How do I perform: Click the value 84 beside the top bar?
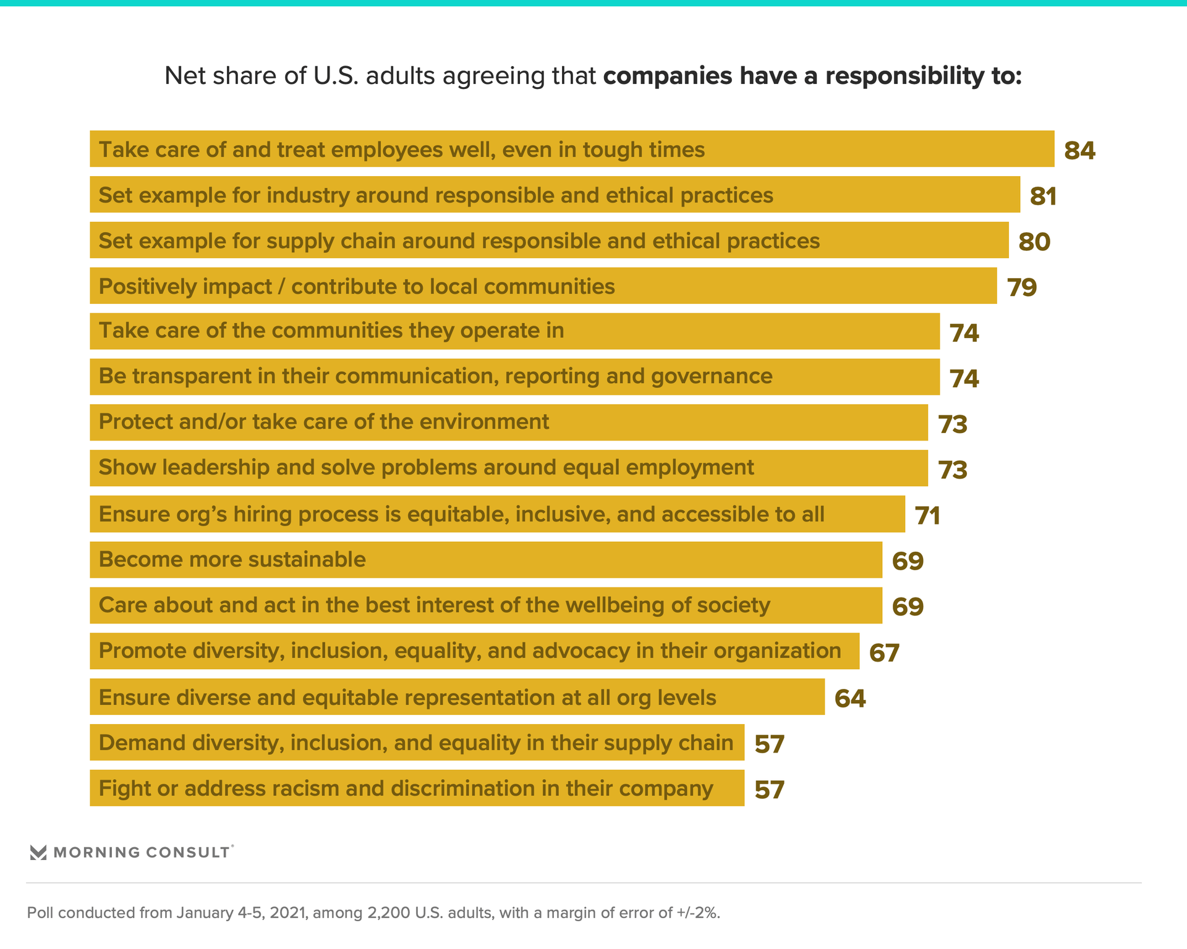pos(1079,151)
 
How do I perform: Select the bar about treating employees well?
pos(571,149)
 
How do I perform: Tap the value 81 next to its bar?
pos(1043,196)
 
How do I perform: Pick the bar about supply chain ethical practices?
pos(549,240)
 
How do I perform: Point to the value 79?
pos(1022,287)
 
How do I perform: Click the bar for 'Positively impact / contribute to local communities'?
pos(543,286)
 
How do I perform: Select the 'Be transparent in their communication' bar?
pos(514,377)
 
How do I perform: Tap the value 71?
pos(927,516)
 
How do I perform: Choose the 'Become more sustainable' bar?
pos(486,560)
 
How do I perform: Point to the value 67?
pos(884,653)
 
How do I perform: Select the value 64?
pos(850,699)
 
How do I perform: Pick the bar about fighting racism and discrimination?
pos(417,788)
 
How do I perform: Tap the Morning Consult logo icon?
pos(38,853)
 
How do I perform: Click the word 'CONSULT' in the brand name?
pos(187,853)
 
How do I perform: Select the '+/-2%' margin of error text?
pos(697,913)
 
